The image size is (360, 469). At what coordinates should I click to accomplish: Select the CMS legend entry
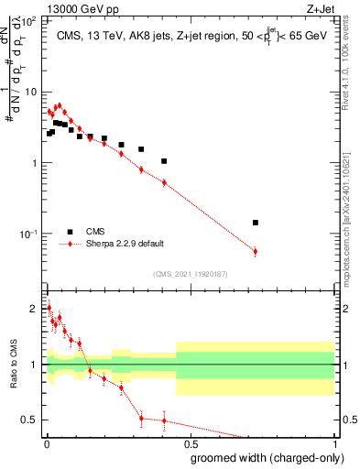click(96, 232)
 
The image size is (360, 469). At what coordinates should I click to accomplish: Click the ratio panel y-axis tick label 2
click(37, 309)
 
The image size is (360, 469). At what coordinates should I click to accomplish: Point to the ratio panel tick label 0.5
click(32, 420)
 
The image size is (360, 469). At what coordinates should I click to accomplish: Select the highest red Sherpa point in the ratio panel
click(49, 308)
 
